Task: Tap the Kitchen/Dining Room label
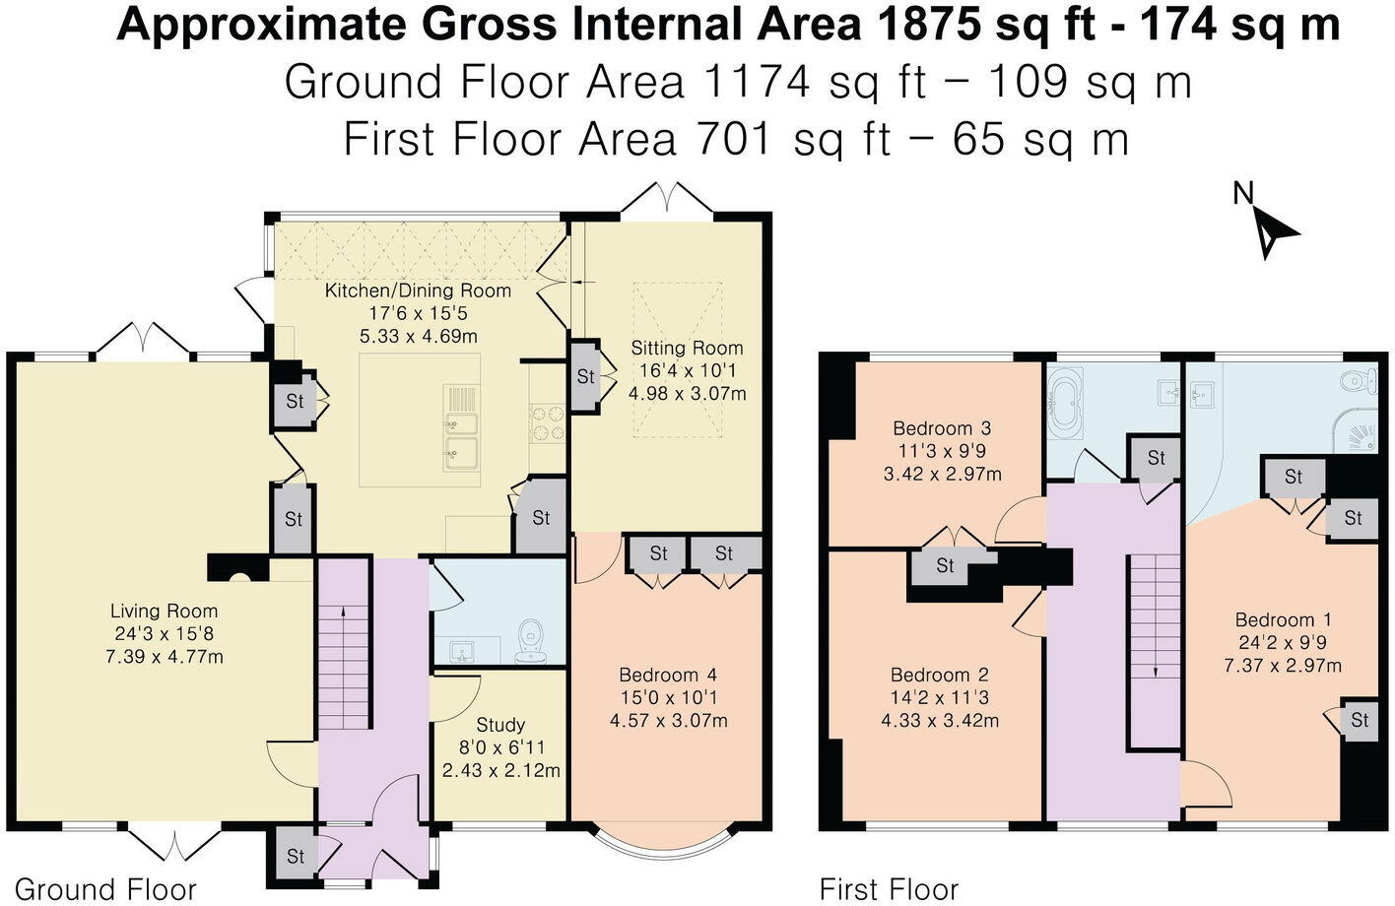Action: pos(418,291)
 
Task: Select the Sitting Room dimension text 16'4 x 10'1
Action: pos(687,371)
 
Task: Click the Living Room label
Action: pos(164,611)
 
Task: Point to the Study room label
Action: pos(500,725)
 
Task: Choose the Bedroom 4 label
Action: pos(667,676)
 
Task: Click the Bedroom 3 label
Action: pos(941,428)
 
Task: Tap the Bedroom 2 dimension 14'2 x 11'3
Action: pos(939,698)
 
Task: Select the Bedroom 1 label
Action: pos(1283,620)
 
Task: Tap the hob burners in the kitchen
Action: pos(547,423)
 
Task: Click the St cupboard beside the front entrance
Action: pos(295,856)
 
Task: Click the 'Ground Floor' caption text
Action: pos(105,889)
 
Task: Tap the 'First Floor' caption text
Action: pos(889,889)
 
